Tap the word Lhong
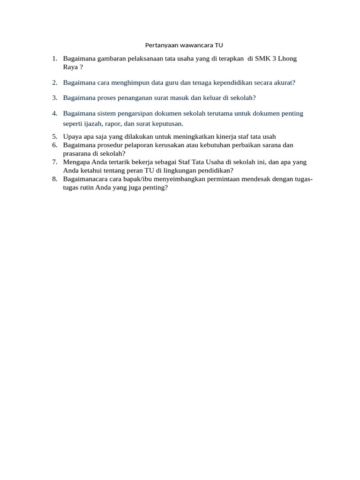[287, 59]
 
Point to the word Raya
[70, 67]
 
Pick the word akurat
[283, 82]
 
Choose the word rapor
[119, 124]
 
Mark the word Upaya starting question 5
[72, 136]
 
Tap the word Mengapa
[76, 162]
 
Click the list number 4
[55, 113]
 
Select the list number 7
[55, 162]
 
